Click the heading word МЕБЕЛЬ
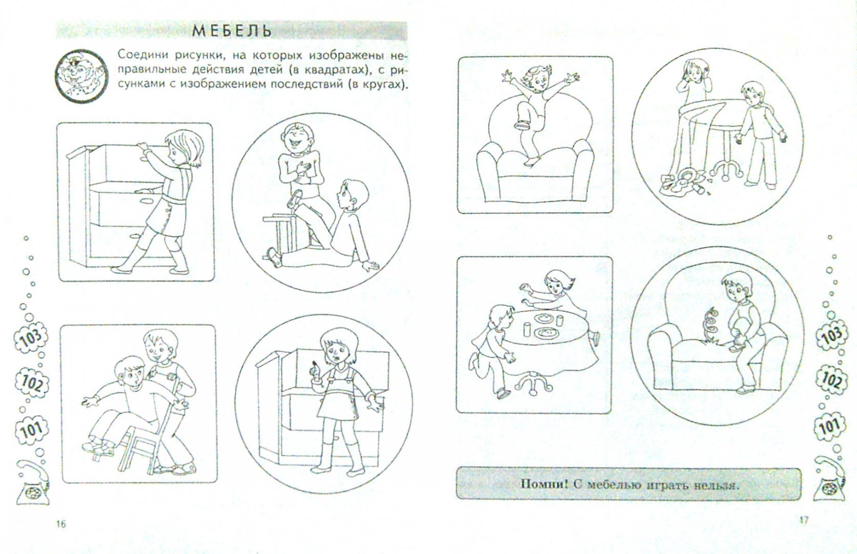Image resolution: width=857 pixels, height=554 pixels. (x=232, y=31)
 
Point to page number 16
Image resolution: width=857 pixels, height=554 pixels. (x=61, y=524)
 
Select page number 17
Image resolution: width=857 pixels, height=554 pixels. (x=803, y=520)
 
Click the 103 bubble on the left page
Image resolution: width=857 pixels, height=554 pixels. (x=31, y=338)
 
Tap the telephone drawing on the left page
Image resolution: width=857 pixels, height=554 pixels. (x=32, y=483)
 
